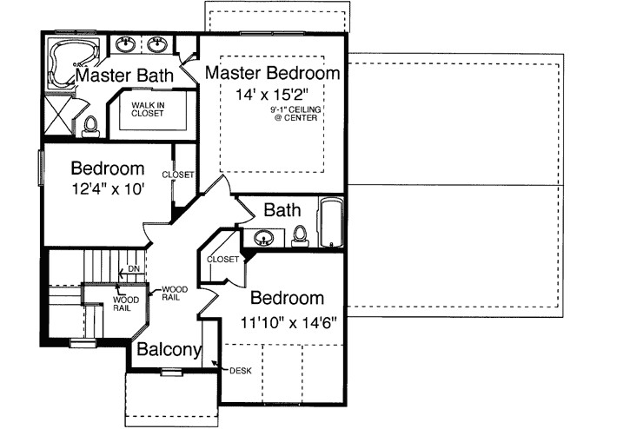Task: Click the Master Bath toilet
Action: (90, 128)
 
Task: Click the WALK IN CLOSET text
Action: (148, 109)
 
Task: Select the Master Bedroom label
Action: (273, 72)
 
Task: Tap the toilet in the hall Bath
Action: (301, 234)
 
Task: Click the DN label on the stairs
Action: (134, 268)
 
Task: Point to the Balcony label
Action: (168, 352)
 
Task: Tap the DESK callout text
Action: (241, 371)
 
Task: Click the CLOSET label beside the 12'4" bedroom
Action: (178, 175)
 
